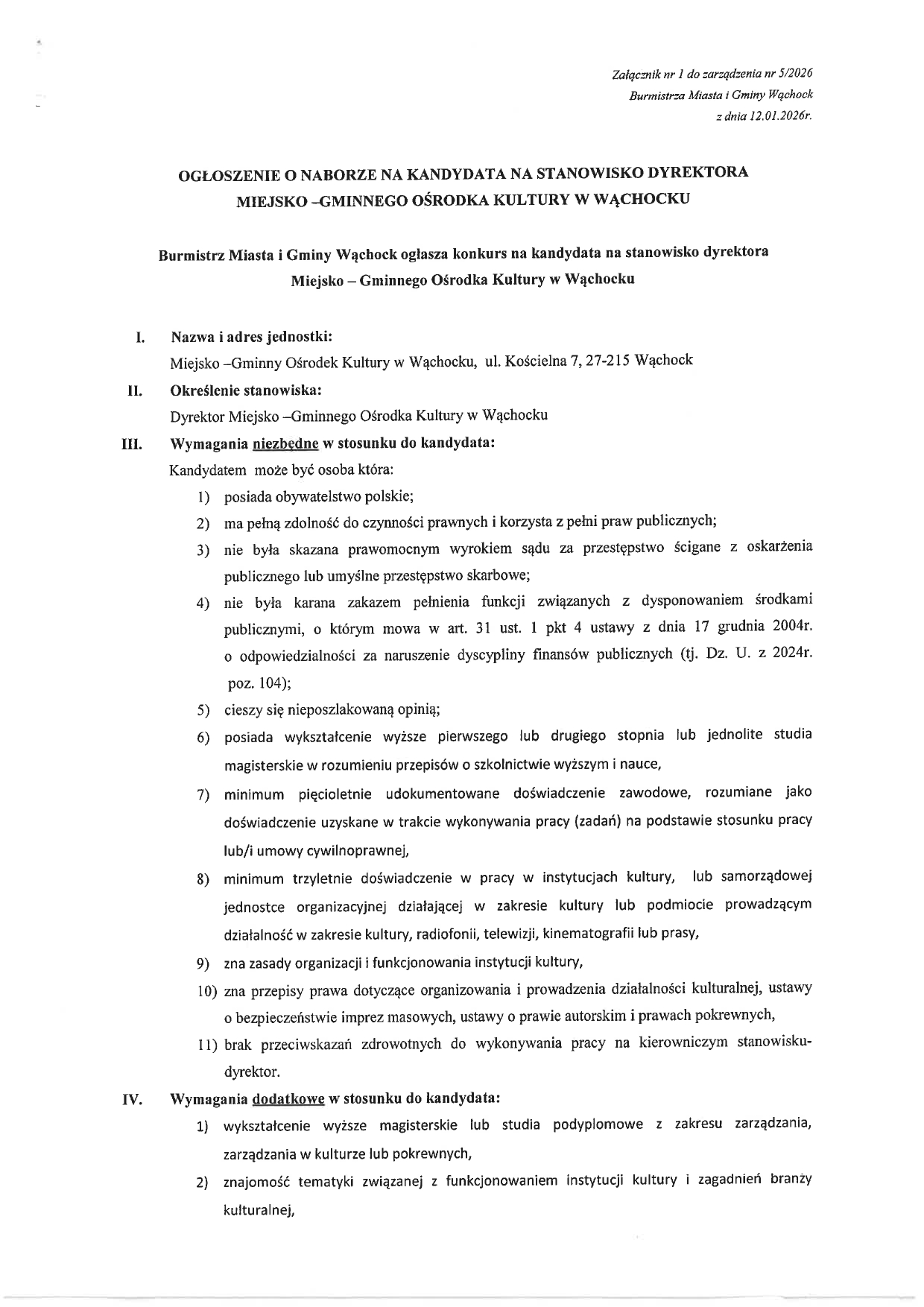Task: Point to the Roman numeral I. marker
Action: pos(139,337)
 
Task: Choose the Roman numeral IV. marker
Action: pos(132,1100)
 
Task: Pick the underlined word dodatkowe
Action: pos(288,1099)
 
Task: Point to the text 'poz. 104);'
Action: pos(258,683)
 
